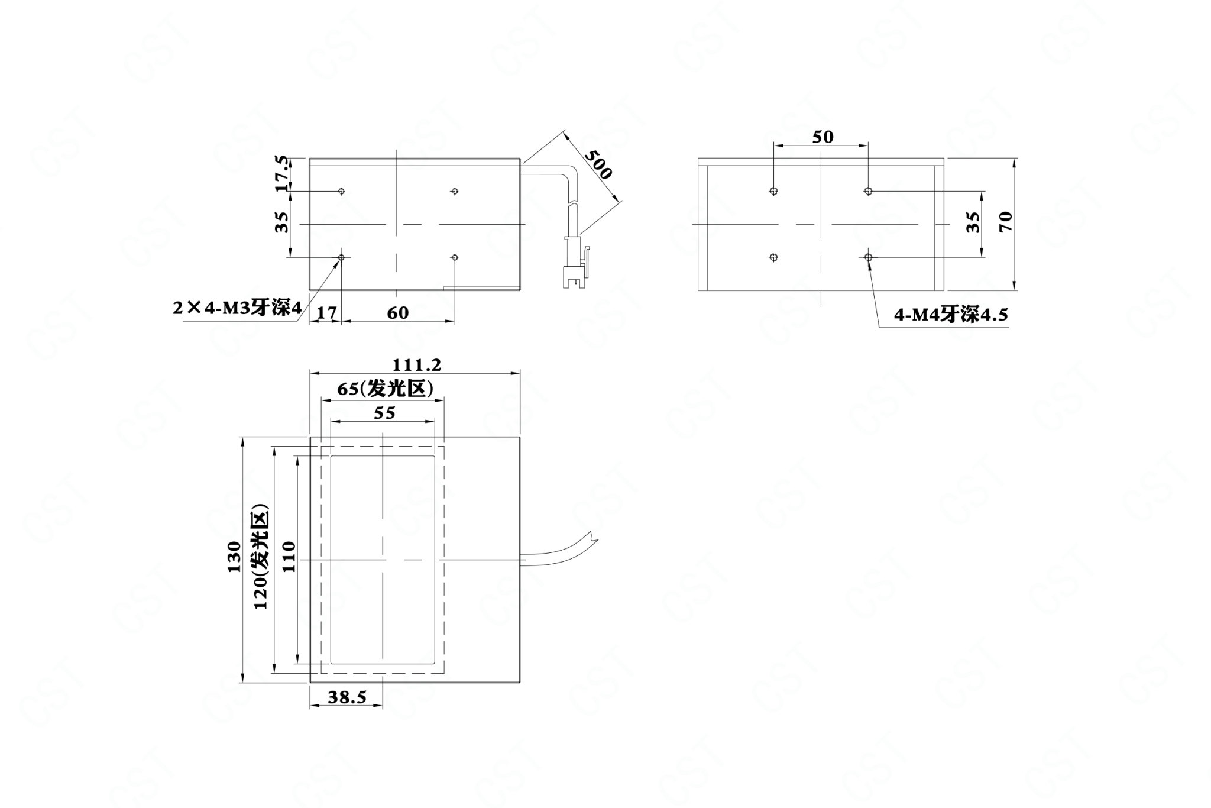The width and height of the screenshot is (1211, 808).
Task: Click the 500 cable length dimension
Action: coord(597,163)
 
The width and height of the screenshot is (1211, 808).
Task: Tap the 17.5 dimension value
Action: coord(281,173)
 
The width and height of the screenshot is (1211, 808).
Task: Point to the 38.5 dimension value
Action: coord(348,697)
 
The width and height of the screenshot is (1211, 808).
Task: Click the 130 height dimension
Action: coord(234,557)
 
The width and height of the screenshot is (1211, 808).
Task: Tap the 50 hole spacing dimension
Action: coord(823,137)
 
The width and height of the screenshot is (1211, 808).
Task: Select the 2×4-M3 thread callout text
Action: coord(237,308)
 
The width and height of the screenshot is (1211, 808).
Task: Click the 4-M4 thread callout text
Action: coord(951,315)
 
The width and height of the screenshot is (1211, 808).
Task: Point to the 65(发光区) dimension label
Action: coord(386,389)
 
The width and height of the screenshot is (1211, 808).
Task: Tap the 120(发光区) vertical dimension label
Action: coord(260,557)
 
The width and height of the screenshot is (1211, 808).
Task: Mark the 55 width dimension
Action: coord(384,413)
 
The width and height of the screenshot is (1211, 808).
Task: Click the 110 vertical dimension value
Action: coord(288,557)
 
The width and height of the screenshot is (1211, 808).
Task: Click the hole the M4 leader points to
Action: coord(868,257)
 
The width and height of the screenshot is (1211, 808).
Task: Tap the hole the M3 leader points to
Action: coord(341,257)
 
